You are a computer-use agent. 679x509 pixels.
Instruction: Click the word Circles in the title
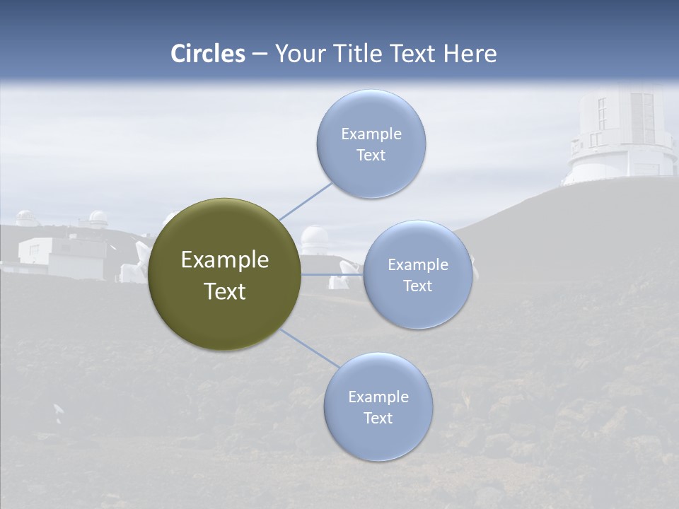208,54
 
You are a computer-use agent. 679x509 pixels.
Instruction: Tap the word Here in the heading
470,54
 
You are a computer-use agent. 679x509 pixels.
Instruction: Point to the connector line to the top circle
306,201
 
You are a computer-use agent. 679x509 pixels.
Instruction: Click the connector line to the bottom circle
309,349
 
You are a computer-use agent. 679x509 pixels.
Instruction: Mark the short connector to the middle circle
332,274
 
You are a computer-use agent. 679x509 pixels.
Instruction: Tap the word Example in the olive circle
225,260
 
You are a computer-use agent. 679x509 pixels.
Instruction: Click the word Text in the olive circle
225,291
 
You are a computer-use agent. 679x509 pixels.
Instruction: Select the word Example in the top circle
371,134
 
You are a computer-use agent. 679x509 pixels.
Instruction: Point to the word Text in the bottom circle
378,418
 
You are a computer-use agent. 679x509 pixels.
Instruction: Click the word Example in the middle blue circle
418,264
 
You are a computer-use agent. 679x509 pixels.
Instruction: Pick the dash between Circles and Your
260,54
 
